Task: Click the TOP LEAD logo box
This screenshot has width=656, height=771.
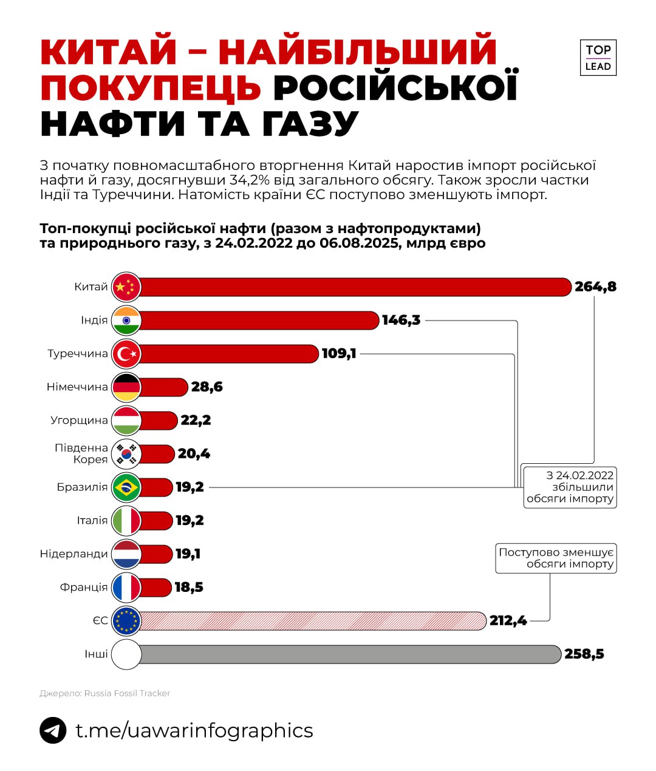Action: (598, 58)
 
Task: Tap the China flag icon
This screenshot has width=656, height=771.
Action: (126, 287)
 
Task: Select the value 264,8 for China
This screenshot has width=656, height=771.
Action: (595, 287)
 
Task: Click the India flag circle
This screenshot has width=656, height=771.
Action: (126, 321)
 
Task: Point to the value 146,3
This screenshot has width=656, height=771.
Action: (401, 320)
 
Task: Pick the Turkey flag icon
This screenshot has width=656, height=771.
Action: (126, 354)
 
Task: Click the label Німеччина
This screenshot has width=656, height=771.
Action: (77, 387)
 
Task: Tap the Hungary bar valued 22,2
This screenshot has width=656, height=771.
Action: (159, 420)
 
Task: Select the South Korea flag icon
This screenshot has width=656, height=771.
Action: (126, 453)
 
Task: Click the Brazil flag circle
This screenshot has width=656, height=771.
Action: (126, 487)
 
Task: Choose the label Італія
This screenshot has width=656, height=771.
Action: (92, 520)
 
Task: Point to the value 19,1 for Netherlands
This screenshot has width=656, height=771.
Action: (188, 554)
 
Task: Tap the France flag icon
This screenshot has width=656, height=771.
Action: (126, 587)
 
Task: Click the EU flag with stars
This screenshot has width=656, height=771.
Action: (126, 620)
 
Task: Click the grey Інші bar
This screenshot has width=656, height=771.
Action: (349, 654)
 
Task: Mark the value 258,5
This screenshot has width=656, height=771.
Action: (584, 654)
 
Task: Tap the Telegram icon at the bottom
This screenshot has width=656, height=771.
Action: (53, 730)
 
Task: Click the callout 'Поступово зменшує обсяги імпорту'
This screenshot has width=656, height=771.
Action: (556, 558)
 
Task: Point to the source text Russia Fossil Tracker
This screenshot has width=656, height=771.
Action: (127, 693)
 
